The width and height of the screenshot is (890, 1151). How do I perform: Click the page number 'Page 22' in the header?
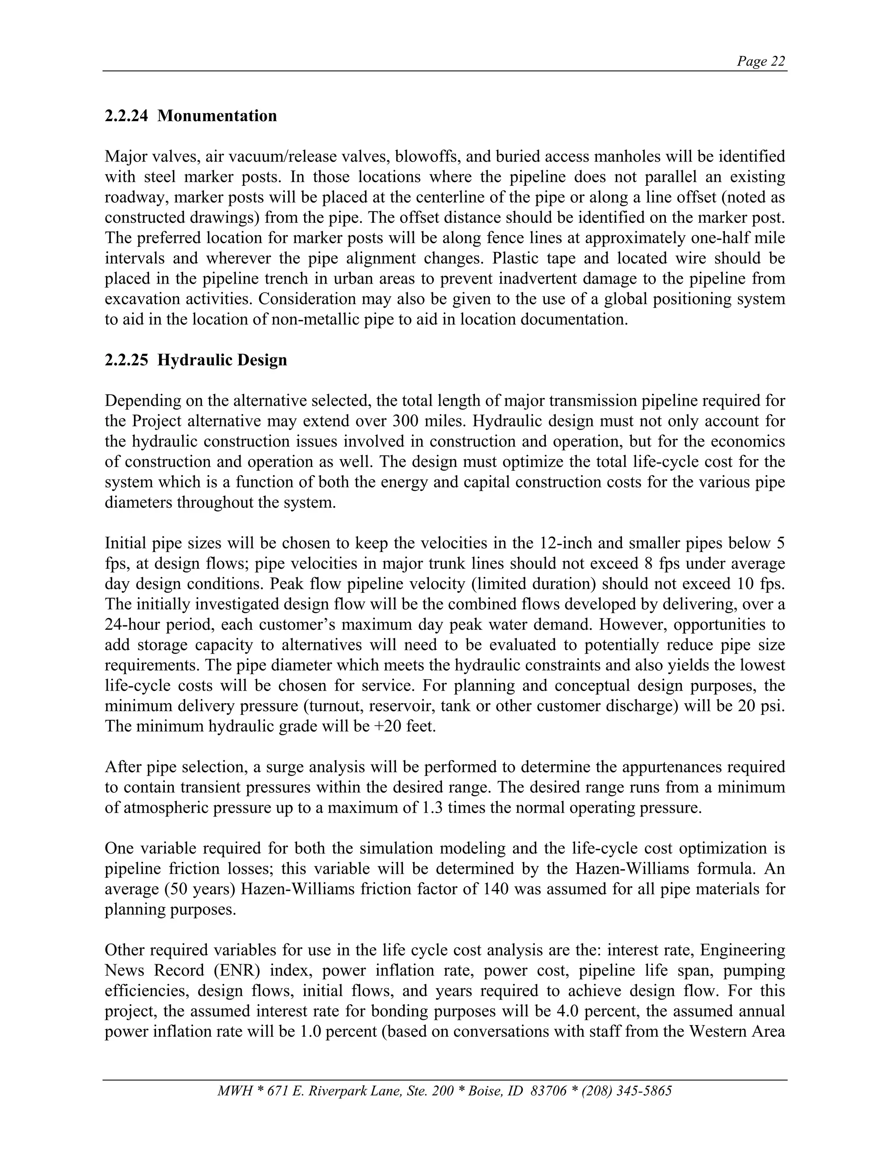pos(761,62)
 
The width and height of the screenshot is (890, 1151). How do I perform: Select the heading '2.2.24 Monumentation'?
pos(190,116)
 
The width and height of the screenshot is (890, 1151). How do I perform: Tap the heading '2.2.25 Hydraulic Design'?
pos(196,360)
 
